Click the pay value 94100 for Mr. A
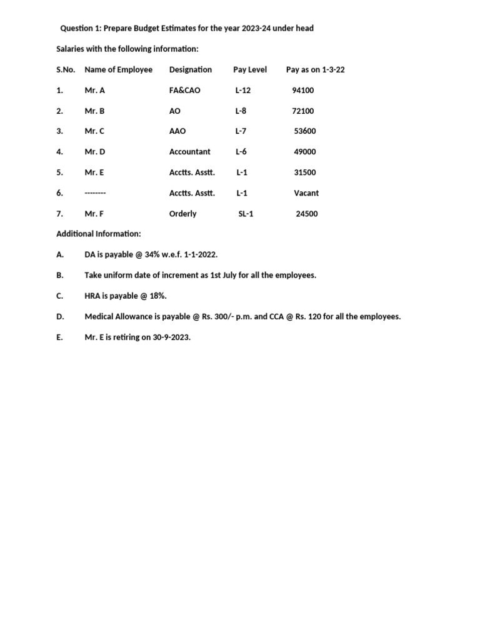pyautogui.click(x=303, y=91)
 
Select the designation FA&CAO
pyautogui.click(x=185, y=91)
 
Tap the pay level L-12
pyautogui.click(x=243, y=91)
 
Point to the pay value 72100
pyautogui.click(x=303, y=111)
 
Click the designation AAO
pyautogui.click(x=177, y=131)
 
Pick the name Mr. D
pyautogui.click(x=95, y=152)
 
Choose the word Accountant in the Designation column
pyautogui.click(x=190, y=152)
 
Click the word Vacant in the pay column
pyautogui.click(x=306, y=193)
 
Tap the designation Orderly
pyautogui.click(x=183, y=214)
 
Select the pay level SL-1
pyautogui.click(x=246, y=214)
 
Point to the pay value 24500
pyautogui.click(x=307, y=214)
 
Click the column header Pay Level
pyautogui.click(x=250, y=70)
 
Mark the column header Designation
pyautogui.click(x=191, y=70)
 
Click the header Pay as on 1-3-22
pyautogui.click(x=315, y=70)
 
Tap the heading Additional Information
pyautogui.click(x=99, y=234)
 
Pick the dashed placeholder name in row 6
pyautogui.click(x=96, y=193)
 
